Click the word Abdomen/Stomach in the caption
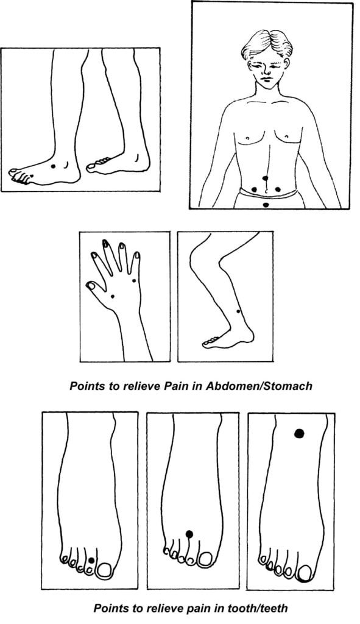pos(259,386)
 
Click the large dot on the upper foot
pos(299,433)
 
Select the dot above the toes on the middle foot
pos(189,534)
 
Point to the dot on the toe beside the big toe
pos(91,561)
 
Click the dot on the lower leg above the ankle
pos(238,311)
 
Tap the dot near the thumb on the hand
pos(113,296)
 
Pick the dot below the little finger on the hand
pos(133,281)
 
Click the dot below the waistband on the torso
pos(266,205)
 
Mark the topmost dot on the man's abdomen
pos(266,179)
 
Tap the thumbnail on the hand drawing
pos(90,285)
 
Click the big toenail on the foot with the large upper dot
pos(305,573)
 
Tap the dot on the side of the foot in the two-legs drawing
pos(53,166)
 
